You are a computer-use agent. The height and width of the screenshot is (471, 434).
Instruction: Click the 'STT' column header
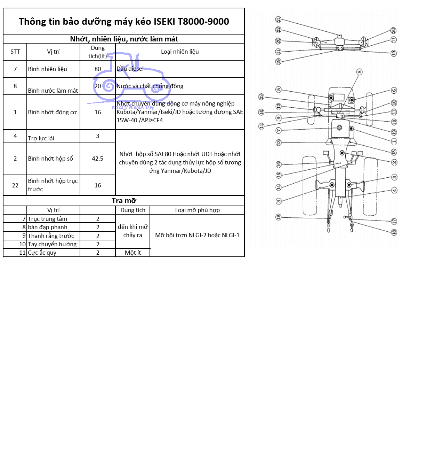(x=15, y=52)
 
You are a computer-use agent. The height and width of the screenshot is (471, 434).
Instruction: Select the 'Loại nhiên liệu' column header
(x=180, y=52)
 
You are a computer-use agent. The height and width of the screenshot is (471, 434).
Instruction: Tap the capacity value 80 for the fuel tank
(x=98, y=69)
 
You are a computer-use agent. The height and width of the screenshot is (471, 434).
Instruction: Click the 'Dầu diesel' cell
(x=130, y=69)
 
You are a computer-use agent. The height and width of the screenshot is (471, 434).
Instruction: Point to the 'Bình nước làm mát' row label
(x=53, y=91)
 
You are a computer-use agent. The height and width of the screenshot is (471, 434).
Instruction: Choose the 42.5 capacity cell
(x=98, y=159)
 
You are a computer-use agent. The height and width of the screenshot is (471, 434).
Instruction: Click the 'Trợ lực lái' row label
(x=41, y=138)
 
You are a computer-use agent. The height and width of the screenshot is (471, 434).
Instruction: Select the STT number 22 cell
(x=15, y=185)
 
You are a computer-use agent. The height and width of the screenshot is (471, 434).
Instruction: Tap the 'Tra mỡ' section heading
(x=124, y=201)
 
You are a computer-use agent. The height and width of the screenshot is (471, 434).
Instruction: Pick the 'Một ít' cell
(x=132, y=253)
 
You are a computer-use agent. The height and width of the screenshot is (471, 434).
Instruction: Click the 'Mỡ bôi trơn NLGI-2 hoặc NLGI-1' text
(x=197, y=235)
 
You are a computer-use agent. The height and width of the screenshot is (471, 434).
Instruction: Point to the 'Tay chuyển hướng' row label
(x=52, y=244)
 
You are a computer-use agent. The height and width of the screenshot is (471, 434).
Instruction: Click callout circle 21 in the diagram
(x=278, y=20)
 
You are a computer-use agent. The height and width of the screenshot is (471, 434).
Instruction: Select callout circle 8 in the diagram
(x=359, y=72)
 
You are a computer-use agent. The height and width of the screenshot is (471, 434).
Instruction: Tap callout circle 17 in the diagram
(x=394, y=221)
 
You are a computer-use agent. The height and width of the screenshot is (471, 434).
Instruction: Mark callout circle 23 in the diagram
(x=262, y=97)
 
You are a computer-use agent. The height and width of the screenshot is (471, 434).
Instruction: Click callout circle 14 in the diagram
(x=278, y=187)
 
